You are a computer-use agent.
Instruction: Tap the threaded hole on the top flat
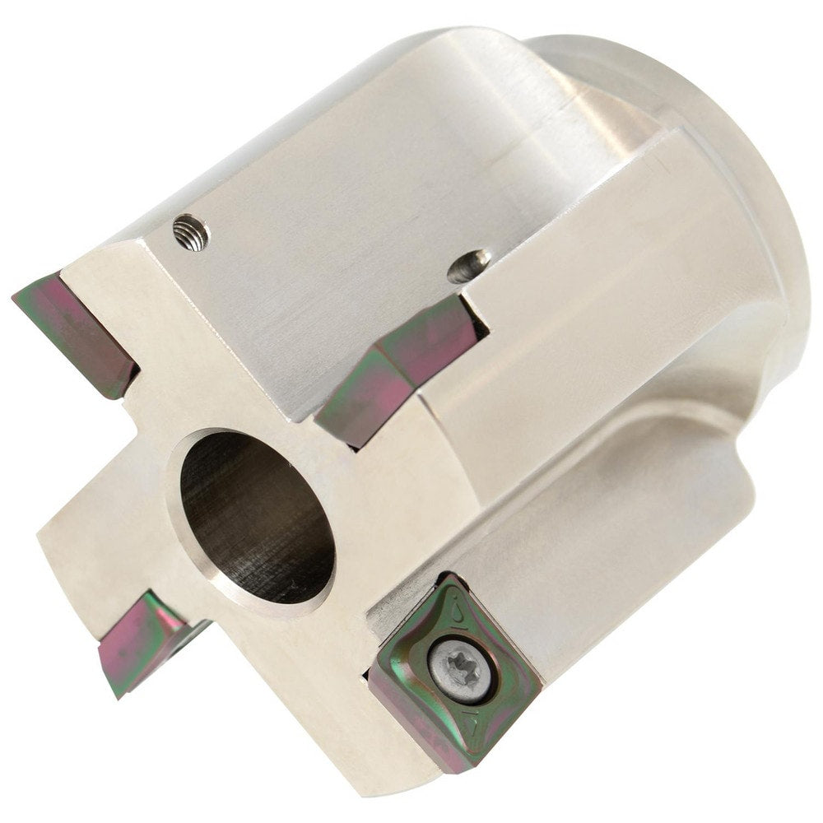[191, 232]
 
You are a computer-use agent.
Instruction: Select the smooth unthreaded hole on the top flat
[470, 265]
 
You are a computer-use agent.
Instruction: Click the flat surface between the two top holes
[329, 247]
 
